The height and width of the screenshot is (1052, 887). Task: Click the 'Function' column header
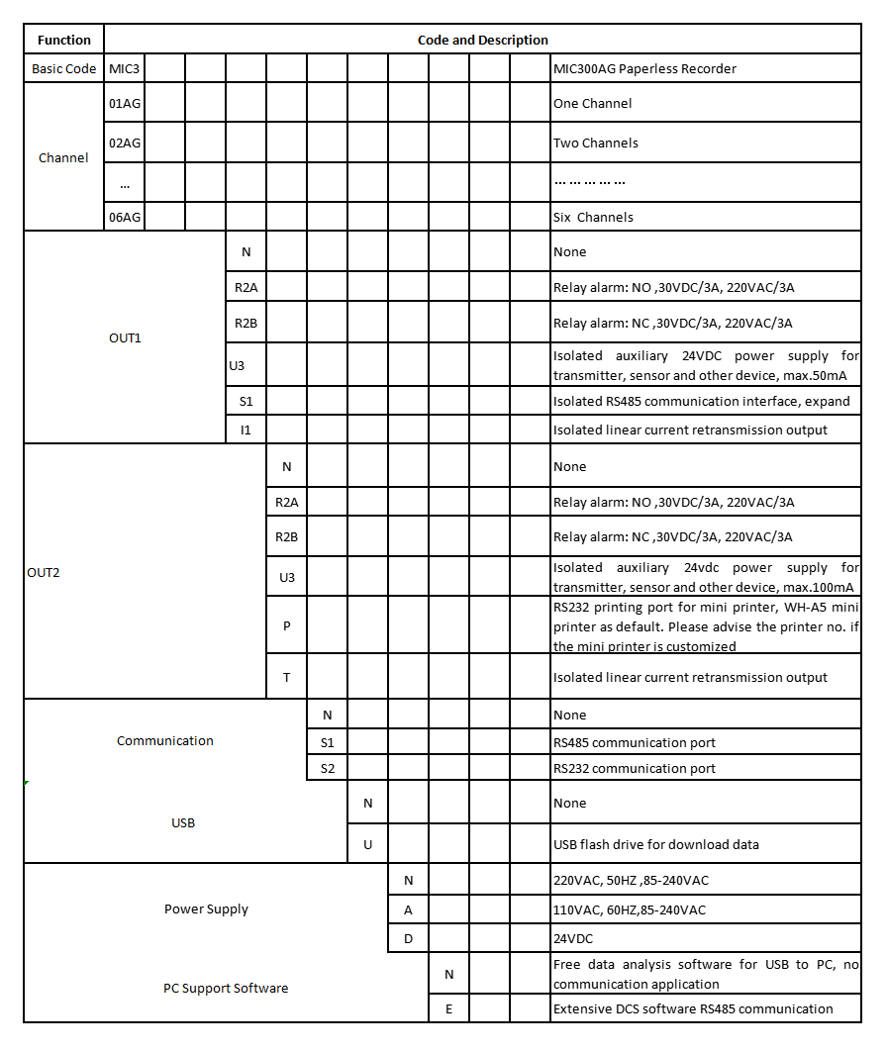tap(63, 41)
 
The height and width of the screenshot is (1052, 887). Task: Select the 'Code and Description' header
tap(482, 41)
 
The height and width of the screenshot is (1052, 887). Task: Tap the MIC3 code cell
tap(125, 68)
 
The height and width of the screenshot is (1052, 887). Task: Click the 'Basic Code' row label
tap(63, 68)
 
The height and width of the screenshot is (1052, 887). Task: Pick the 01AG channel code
tap(125, 103)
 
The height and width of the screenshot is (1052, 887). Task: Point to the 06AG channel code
tap(125, 217)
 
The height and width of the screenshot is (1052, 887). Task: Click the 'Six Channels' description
tap(593, 217)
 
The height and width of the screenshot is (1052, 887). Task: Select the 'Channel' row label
tap(63, 157)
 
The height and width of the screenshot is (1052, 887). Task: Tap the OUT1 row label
tap(125, 337)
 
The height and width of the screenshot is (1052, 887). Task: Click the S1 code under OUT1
tap(246, 401)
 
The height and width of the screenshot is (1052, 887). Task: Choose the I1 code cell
tap(246, 430)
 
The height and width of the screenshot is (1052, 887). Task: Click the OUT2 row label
tap(44, 572)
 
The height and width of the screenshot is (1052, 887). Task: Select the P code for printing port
tap(287, 625)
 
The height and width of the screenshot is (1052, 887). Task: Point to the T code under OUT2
tap(287, 677)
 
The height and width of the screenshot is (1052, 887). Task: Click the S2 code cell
tap(328, 768)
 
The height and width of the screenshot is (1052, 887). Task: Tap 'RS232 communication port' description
tap(634, 768)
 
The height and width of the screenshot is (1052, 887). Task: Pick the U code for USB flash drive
tap(368, 844)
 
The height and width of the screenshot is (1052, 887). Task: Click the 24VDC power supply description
tap(573, 937)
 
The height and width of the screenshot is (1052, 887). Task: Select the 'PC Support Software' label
tap(226, 988)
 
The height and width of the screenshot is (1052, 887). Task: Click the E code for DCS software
tap(448, 1008)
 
